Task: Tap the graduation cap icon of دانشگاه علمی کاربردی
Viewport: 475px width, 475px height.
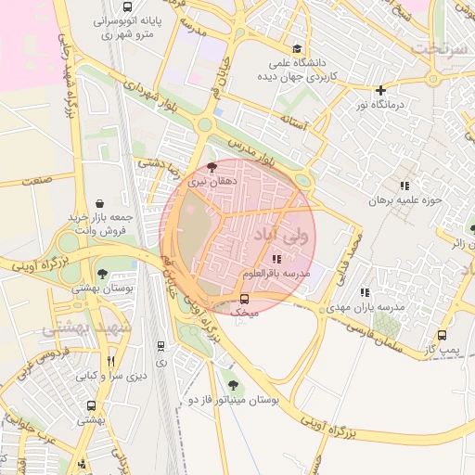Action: click(297, 49)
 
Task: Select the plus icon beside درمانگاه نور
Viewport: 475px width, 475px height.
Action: click(380, 90)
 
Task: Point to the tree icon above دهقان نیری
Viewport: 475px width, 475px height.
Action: click(212, 167)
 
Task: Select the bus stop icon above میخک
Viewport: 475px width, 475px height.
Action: click(245, 299)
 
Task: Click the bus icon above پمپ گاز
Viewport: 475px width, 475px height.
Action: click(442, 335)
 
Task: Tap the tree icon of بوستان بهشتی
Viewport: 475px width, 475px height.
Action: click(101, 274)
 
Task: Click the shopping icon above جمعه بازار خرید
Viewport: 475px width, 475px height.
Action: click(99, 202)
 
